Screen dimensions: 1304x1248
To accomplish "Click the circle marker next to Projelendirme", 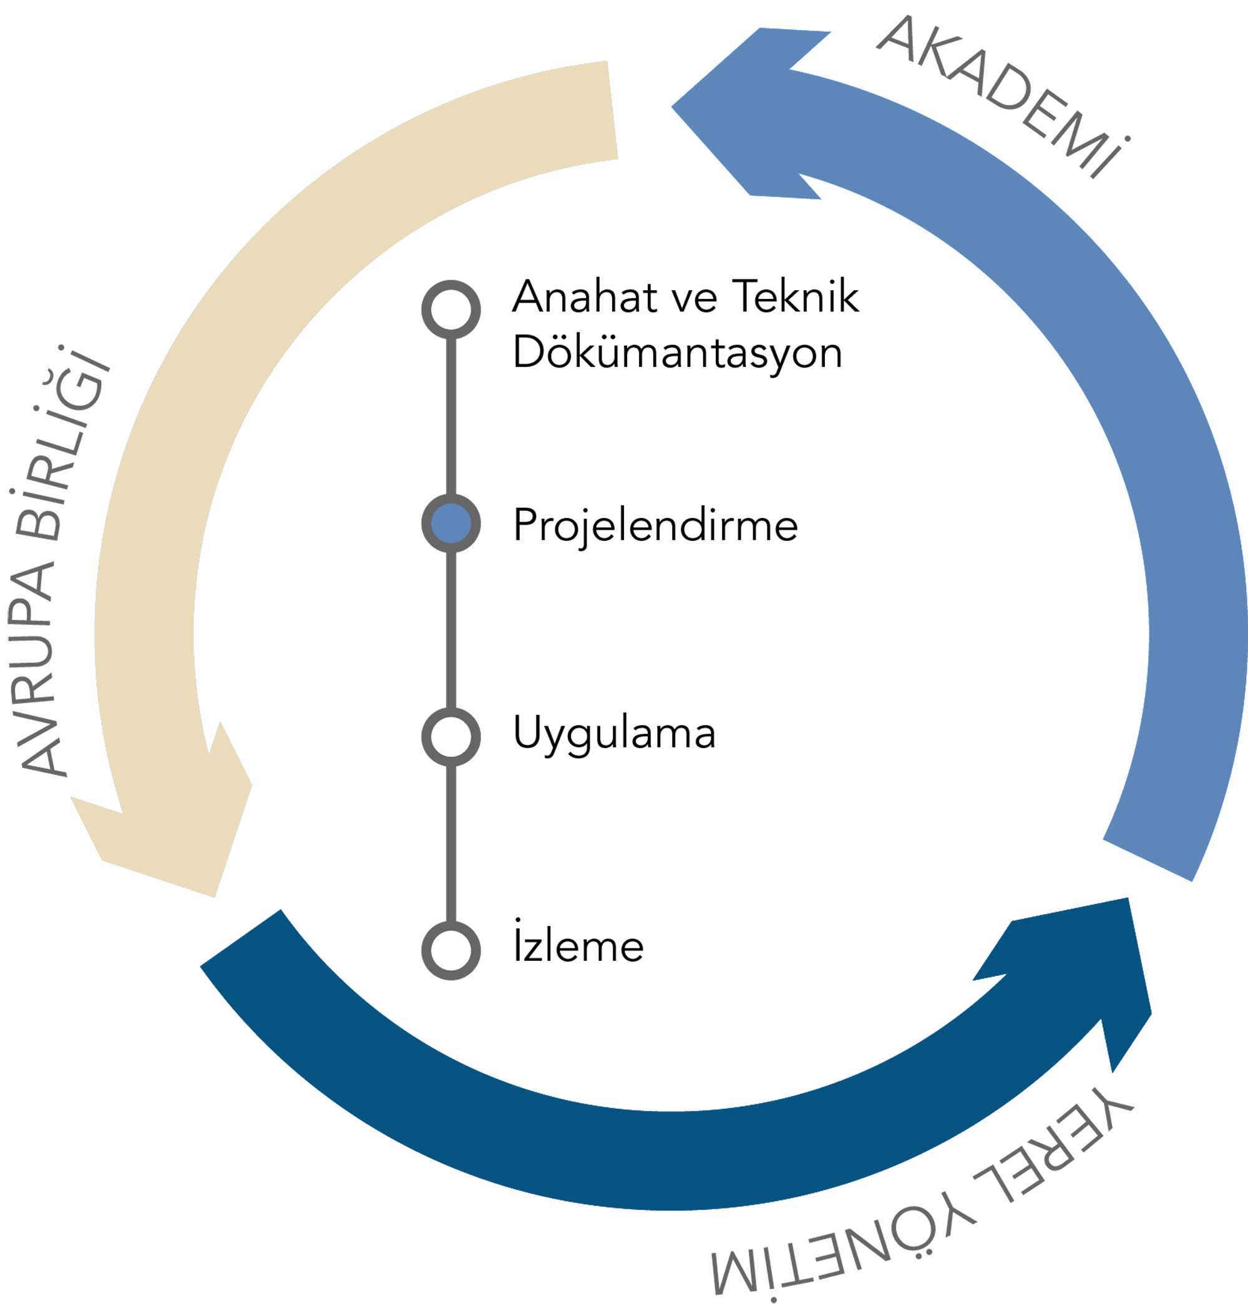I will pos(451,523).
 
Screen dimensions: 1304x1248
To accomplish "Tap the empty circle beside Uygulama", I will pos(451,736).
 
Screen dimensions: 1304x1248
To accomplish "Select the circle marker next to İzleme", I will pos(451,950).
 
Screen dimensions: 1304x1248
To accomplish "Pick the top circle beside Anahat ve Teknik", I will pos(451,309).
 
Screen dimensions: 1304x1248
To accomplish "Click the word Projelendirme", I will pos(655,526).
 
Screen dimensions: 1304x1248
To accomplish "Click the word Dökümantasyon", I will pos(677,353).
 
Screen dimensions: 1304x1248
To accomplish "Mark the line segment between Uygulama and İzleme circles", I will pos(451,844).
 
